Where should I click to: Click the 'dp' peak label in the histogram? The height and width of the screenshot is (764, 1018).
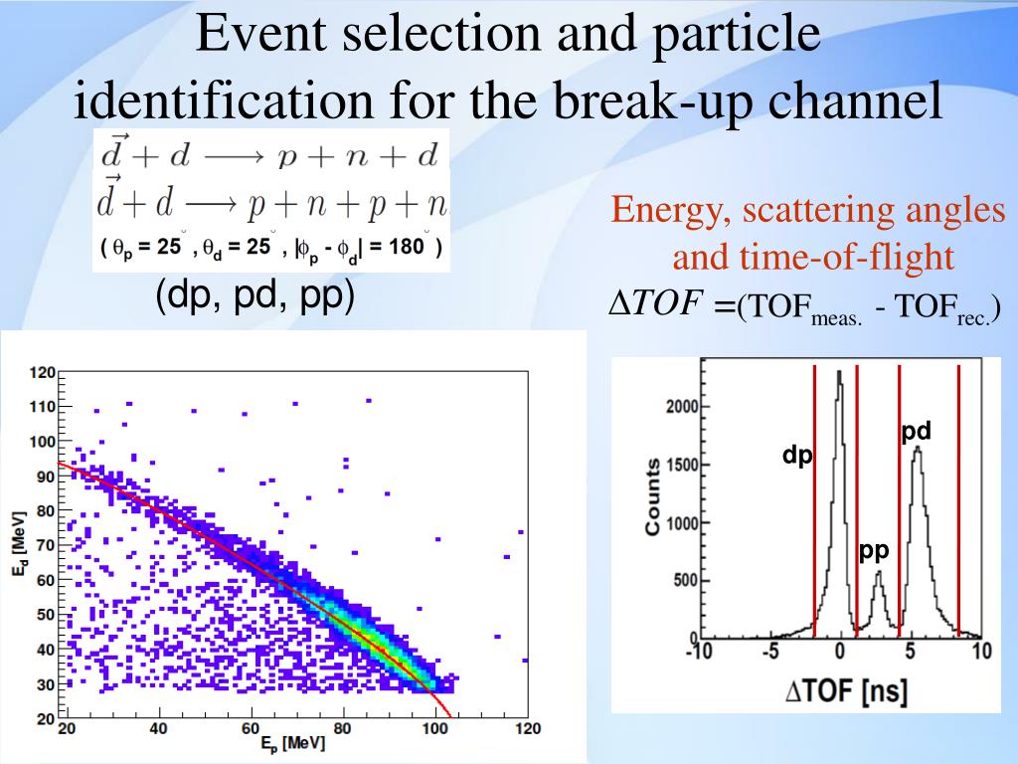(797, 456)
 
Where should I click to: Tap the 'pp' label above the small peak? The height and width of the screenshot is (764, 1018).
(874, 551)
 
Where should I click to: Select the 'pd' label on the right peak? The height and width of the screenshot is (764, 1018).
(916, 432)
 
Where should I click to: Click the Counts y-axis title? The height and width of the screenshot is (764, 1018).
(653, 496)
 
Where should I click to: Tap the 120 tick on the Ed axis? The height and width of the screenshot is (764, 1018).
(42, 373)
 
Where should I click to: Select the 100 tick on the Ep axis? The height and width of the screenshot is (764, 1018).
(435, 729)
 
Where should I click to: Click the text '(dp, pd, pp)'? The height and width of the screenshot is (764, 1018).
(254, 297)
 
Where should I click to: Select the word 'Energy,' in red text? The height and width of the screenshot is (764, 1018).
(668, 210)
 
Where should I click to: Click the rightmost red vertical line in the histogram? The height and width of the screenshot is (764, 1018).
(958, 500)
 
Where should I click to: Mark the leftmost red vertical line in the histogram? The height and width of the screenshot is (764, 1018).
(814, 500)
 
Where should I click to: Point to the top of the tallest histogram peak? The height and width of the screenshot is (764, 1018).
(840, 372)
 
